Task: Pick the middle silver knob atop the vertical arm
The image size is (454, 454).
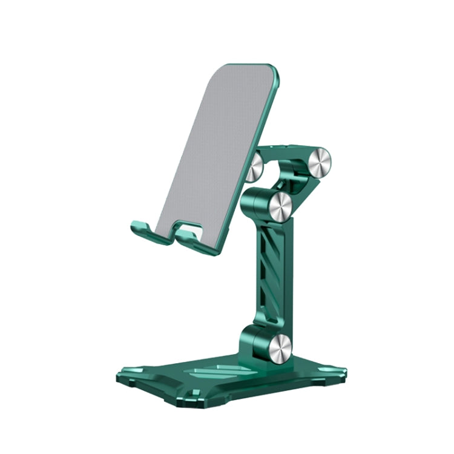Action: [x=281, y=206]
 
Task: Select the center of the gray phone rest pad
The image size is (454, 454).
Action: [x=215, y=151]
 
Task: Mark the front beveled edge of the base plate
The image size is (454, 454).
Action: [x=182, y=396]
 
